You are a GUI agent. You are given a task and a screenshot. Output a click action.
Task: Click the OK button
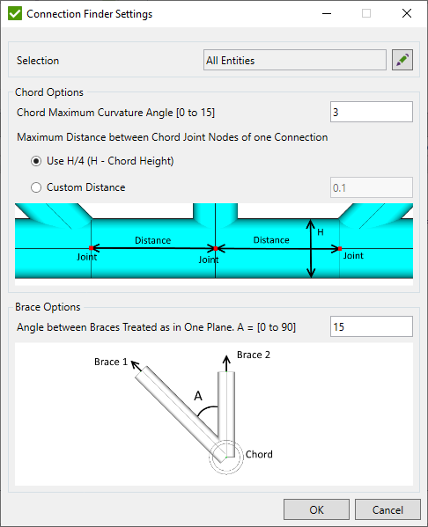pyautogui.click(x=316, y=509)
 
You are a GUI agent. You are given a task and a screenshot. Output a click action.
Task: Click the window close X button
pyautogui.click(x=406, y=14)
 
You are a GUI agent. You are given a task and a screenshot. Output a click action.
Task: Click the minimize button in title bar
pyautogui.click(x=325, y=14)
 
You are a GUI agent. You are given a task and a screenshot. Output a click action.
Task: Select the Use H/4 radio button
pyautogui.click(x=36, y=161)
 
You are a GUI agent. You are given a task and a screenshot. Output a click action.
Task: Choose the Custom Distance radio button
pyautogui.click(x=36, y=187)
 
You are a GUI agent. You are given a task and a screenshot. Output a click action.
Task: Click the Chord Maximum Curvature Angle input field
pyautogui.click(x=371, y=113)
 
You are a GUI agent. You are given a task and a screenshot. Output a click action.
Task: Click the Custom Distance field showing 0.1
pyautogui.click(x=371, y=187)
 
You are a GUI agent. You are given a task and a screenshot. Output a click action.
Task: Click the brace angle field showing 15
pyautogui.click(x=371, y=327)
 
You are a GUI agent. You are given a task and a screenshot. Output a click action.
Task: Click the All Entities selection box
pyautogui.click(x=294, y=61)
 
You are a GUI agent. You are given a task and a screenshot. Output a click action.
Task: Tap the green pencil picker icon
pyautogui.click(x=402, y=61)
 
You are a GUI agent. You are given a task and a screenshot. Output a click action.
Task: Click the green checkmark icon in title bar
pyautogui.click(x=14, y=14)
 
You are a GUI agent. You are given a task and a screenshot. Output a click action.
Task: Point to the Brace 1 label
pyautogui.click(x=111, y=362)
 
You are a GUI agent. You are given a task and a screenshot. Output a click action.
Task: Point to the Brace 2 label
pyautogui.click(x=255, y=355)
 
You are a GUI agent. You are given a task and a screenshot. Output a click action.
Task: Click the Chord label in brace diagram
pyautogui.click(x=259, y=455)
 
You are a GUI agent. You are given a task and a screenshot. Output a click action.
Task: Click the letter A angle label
pyautogui.click(x=198, y=396)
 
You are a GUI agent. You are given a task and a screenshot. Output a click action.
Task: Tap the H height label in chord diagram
pyautogui.click(x=321, y=232)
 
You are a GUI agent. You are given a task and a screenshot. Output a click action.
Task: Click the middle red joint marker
pyautogui.click(x=215, y=249)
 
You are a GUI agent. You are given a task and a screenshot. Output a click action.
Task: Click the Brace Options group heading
pyautogui.click(x=48, y=307)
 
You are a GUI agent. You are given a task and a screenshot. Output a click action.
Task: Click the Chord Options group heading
pyautogui.click(x=50, y=92)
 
